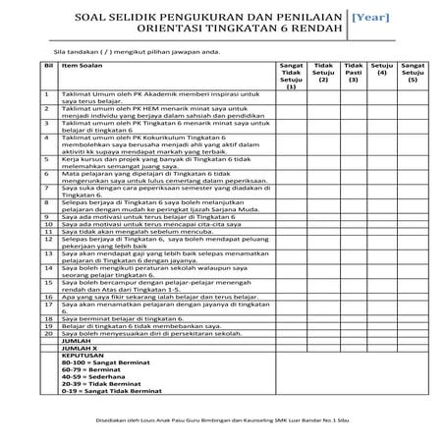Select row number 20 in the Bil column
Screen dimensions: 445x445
(47, 332)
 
